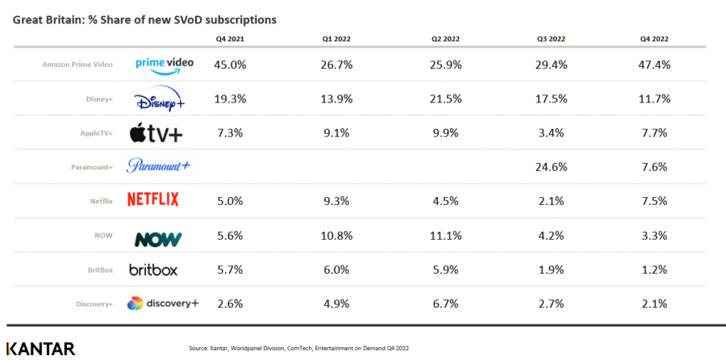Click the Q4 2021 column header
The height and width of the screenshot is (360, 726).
pos(229,38)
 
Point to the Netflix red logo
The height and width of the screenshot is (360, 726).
pos(153,199)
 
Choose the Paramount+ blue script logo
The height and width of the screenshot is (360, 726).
pos(158,166)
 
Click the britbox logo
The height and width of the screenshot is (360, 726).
pos(153,270)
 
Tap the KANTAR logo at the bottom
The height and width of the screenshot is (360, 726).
pos(40,349)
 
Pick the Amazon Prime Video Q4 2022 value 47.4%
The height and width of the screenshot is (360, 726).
pos(653,64)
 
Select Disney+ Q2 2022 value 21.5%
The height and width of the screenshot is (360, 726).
pos(446,98)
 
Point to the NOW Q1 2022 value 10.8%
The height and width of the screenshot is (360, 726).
pos(338,237)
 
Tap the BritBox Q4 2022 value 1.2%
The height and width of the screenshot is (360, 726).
pos(653,270)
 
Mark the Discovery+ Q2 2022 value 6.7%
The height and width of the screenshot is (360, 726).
pos(446,304)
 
